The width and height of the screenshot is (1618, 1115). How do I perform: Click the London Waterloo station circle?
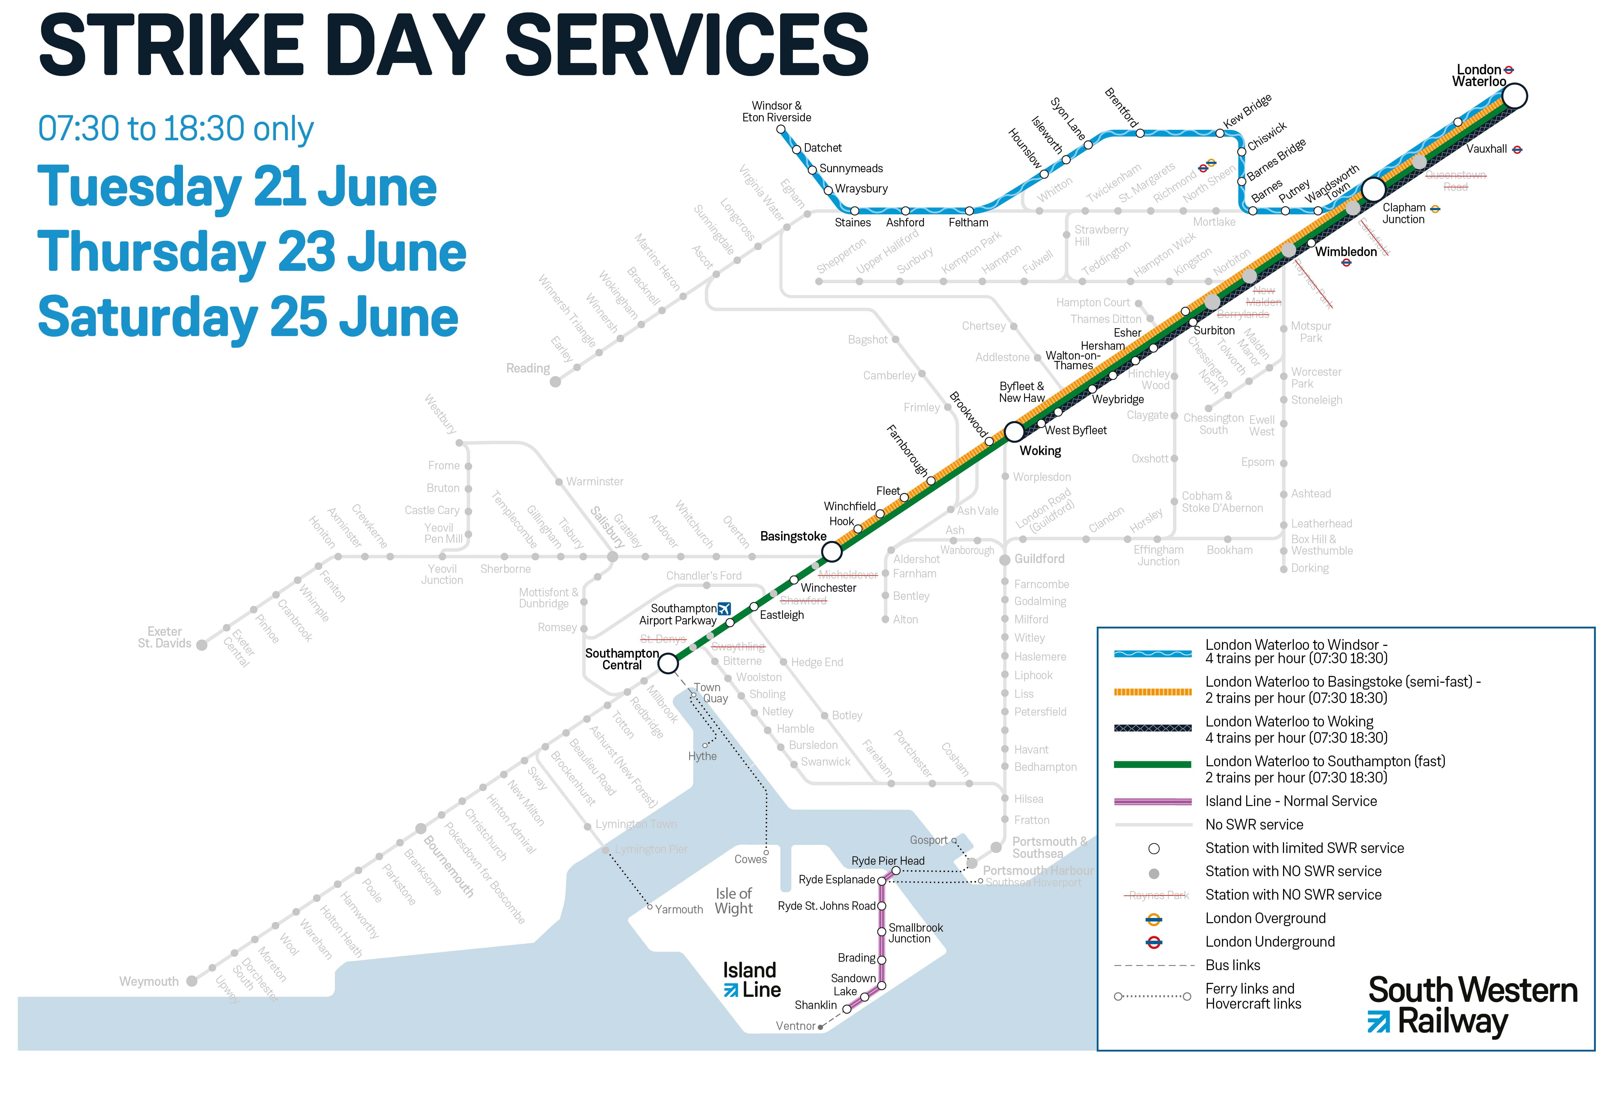(1514, 96)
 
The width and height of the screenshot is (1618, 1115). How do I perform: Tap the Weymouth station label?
(149, 982)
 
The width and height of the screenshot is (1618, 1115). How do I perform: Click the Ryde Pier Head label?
(887, 861)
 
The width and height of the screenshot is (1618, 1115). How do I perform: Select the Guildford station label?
(1039, 559)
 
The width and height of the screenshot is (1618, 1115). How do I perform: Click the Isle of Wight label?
(733, 901)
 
